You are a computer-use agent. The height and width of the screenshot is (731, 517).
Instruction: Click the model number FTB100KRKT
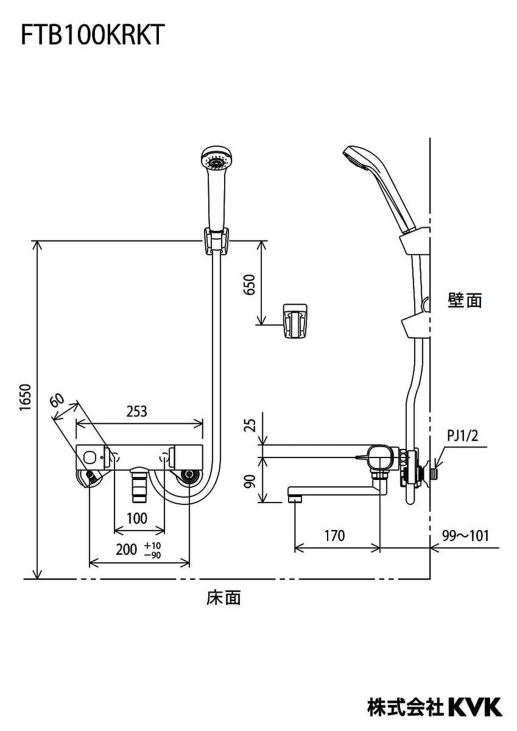click(92, 35)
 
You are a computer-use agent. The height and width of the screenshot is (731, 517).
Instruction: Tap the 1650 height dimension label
click(26, 402)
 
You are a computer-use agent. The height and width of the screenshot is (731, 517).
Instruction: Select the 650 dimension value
click(250, 285)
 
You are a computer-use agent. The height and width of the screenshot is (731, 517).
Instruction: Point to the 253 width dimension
click(137, 412)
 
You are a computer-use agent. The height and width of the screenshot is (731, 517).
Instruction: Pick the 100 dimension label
click(137, 518)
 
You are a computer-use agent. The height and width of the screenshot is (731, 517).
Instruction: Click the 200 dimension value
click(127, 550)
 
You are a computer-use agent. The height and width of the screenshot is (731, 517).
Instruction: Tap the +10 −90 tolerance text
click(152, 550)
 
